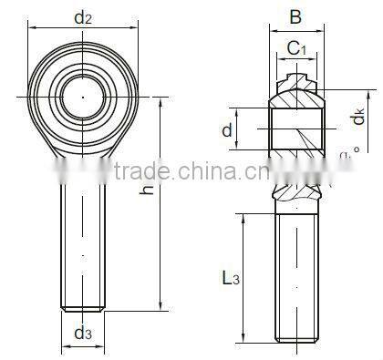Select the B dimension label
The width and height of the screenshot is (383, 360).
click(295, 15)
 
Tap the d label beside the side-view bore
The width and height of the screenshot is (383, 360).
click(225, 130)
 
